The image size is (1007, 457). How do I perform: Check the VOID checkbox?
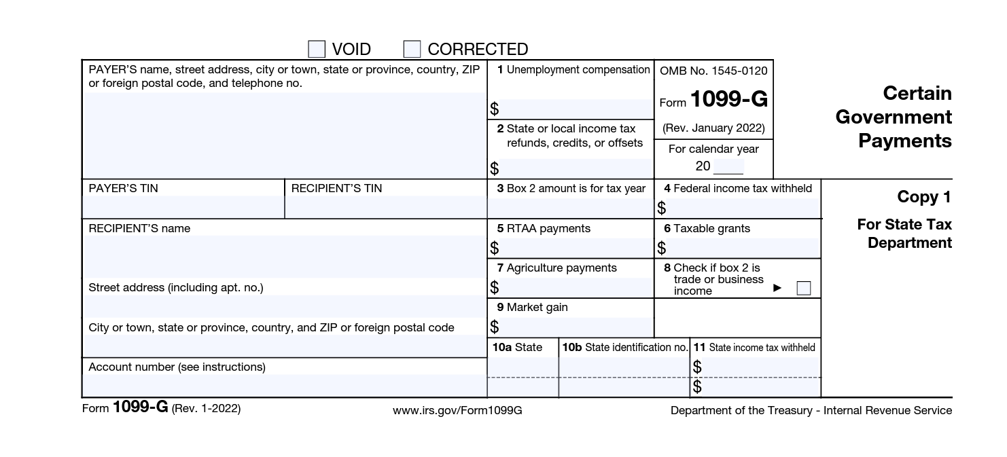[317, 49]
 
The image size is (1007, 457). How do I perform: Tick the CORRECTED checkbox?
[412, 49]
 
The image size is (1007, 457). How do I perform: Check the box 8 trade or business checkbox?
[804, 288]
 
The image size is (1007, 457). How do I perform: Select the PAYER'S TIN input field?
[183, 206]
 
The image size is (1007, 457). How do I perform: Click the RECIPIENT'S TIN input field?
[385, 206]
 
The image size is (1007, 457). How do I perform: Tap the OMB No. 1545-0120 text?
[713, 71]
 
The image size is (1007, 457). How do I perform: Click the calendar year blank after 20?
[728, 166]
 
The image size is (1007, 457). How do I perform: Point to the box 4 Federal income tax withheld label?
[738, 188]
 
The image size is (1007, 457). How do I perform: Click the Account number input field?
[284, 386]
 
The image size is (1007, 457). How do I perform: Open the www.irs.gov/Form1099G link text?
[457, 410]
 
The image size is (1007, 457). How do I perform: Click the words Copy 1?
[924, 197]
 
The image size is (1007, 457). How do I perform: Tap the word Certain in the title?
[917, 93]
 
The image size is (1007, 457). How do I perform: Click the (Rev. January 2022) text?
[713, 128]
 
